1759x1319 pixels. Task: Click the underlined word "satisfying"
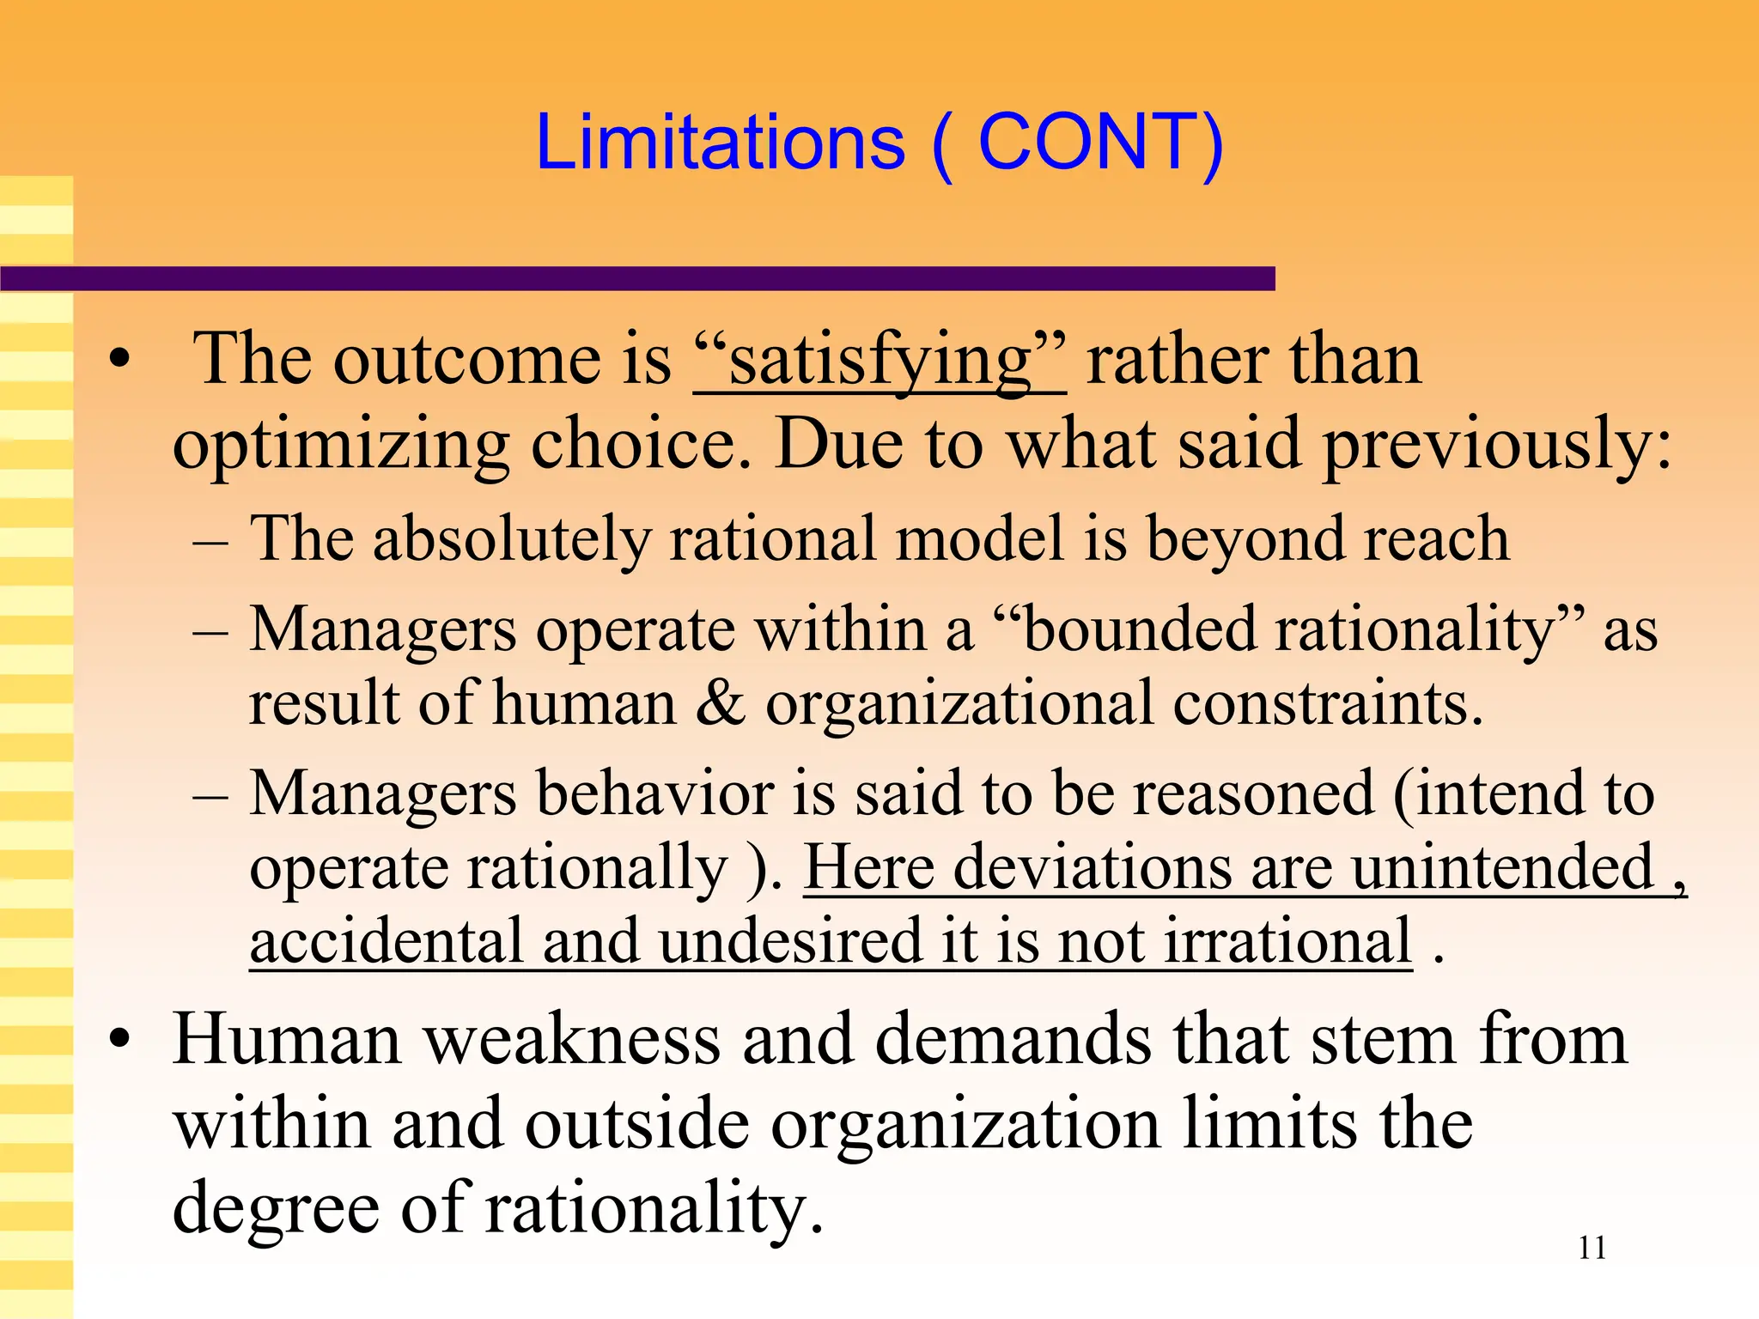pyautogui.click(x=879, y=361)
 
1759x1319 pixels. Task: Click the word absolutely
pyautogui.click(x=511, y=539)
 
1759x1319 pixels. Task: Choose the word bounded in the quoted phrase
pyautogui.click(x=1141, y=629)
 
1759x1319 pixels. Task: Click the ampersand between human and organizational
pyautogui.click(x=721, y=703)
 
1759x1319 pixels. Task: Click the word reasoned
pyautogui.click(x=1254, y=793)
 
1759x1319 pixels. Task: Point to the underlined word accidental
pyautogui.click(x=386, y=941)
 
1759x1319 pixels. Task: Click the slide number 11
pyautogui.click(x=1592, y=1248)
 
